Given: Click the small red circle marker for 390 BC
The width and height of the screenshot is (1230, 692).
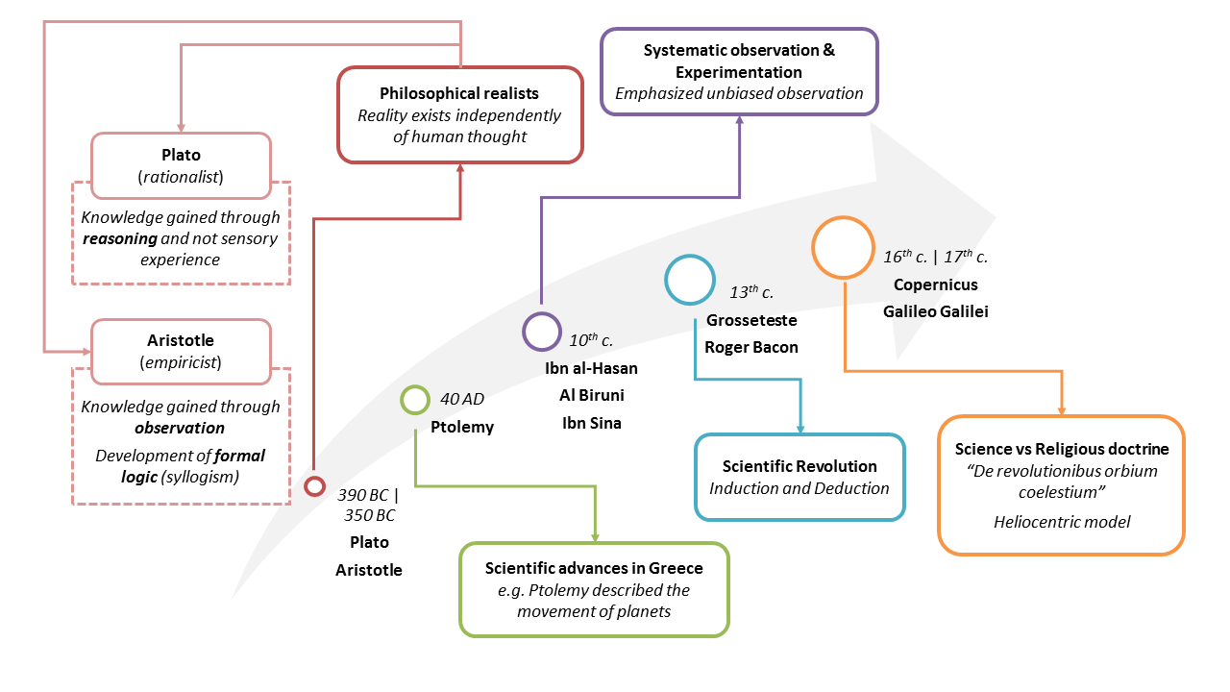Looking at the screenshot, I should (x=314, y=486).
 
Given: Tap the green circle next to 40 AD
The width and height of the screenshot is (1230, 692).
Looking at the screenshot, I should (x=414, y=400).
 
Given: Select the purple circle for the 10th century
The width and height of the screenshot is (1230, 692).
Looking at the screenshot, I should (x=542, y=332).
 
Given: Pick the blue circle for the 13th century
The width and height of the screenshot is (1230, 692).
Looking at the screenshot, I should (x=691, y=280).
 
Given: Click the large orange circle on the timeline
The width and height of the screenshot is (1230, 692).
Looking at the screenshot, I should (x=843, y=249).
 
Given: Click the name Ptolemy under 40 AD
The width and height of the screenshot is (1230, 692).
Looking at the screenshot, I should (x=462, y=427).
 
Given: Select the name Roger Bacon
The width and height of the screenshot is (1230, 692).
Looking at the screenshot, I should (x=751, y=347).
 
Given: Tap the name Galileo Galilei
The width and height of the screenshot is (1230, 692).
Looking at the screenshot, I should (x=935, y=311).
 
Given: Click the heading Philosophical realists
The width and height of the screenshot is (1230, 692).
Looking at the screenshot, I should (x=459, y=93).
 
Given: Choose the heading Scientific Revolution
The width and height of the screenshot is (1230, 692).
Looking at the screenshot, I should (x=799, y=466).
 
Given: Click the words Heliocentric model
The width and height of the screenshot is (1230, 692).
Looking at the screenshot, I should (x=1062, y=522).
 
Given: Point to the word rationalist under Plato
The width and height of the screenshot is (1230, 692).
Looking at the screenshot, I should (x=181, y=176).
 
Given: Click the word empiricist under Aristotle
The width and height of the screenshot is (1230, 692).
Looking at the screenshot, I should (x=181, y=363).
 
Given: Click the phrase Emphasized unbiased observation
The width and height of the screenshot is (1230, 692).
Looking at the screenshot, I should (x=739, y=93).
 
